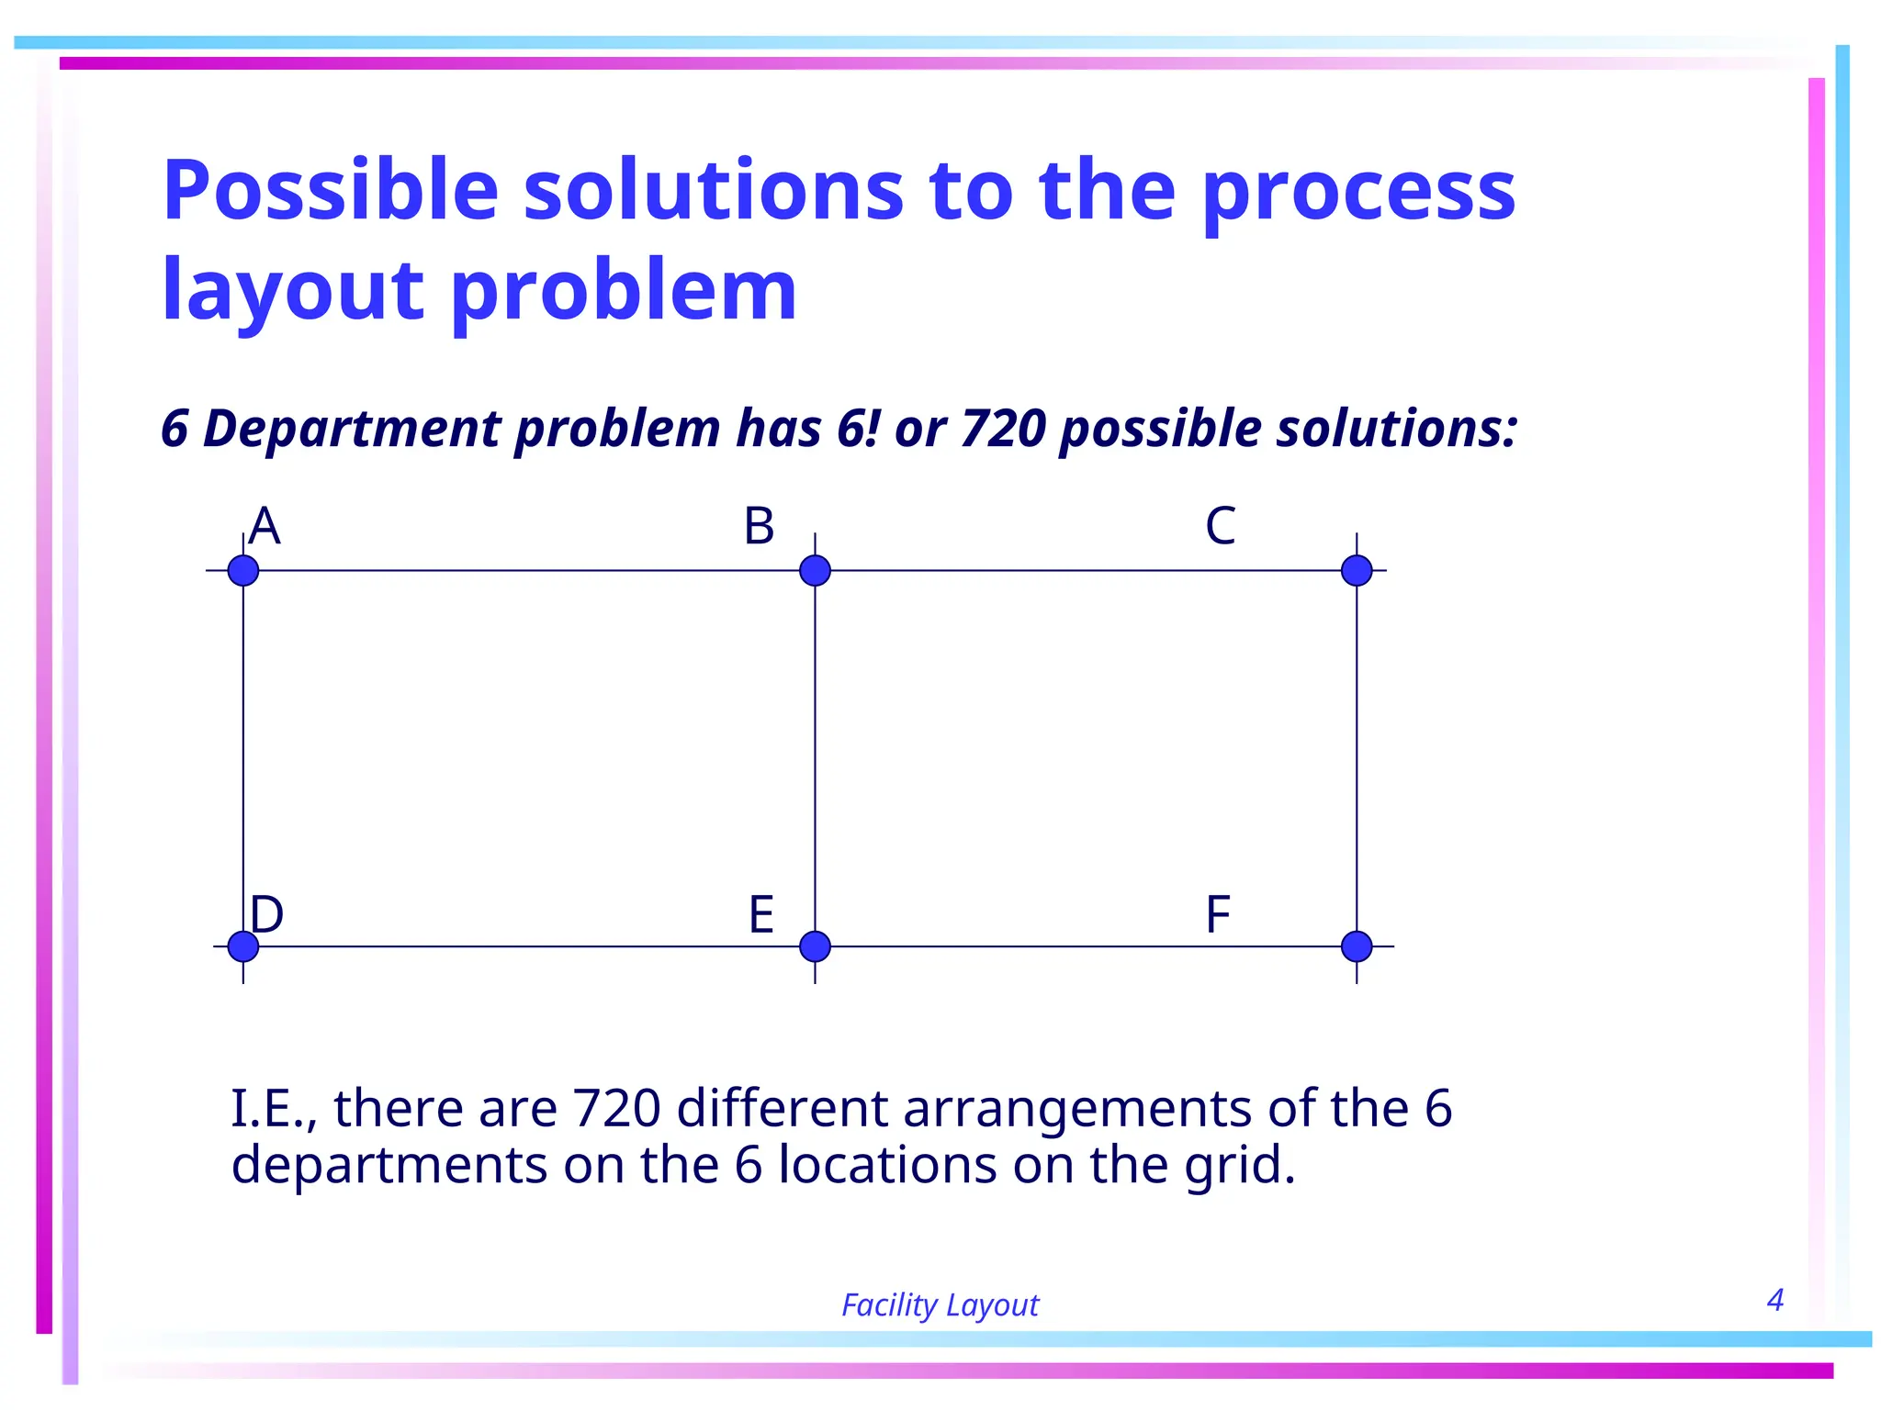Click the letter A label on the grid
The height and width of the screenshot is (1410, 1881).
(x=265, y=527)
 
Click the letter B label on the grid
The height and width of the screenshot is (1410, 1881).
(x=759, y=527)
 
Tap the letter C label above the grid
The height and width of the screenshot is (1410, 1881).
(x=1220, y=527)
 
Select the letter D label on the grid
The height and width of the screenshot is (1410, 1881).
(x=266, y=914)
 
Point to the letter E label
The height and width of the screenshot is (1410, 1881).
(x=760, y=914)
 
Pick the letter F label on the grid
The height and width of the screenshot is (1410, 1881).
(x=1217, y=914)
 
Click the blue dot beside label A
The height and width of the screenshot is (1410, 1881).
(x=243, y=570)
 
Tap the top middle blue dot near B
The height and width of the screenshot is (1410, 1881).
(x=815, y=570)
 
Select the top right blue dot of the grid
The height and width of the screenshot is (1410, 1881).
(x=1357, y=570)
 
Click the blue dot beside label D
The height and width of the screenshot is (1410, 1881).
(x=243, y=946)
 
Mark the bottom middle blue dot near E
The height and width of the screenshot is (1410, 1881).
(x=815, y=946)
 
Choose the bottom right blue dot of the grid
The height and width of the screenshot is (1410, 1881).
(x=1357, y=946)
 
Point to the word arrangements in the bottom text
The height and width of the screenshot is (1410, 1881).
(x=1077, y=1108)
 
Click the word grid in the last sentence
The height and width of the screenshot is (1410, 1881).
(x=1238, y=1166)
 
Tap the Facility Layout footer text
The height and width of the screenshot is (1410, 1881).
(x=940, y=1304)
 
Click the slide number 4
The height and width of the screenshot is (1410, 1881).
(x=1774, y=1300)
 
